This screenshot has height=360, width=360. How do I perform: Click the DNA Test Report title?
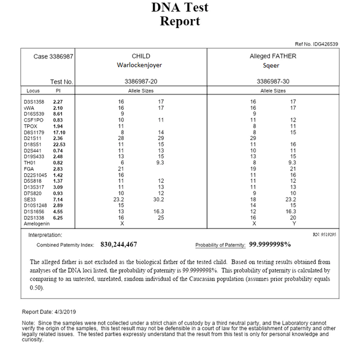[x=179, y=15]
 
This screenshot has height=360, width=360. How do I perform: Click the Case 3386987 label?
[x=53, y=56]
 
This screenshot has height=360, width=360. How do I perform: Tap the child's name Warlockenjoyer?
[x=141, y=65]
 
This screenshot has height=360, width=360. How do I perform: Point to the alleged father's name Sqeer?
[x=273, y=65]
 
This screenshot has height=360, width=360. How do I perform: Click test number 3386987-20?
[x=141, y=82]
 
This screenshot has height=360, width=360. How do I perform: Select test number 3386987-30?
[x=273, y=82]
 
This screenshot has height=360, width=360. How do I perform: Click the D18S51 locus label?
[x=33, y=145]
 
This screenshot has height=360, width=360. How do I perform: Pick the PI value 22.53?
[x=59, y=145]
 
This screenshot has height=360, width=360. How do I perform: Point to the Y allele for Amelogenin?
[x=293, y=223]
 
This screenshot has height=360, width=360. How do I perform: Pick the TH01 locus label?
[x=30, y=163]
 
